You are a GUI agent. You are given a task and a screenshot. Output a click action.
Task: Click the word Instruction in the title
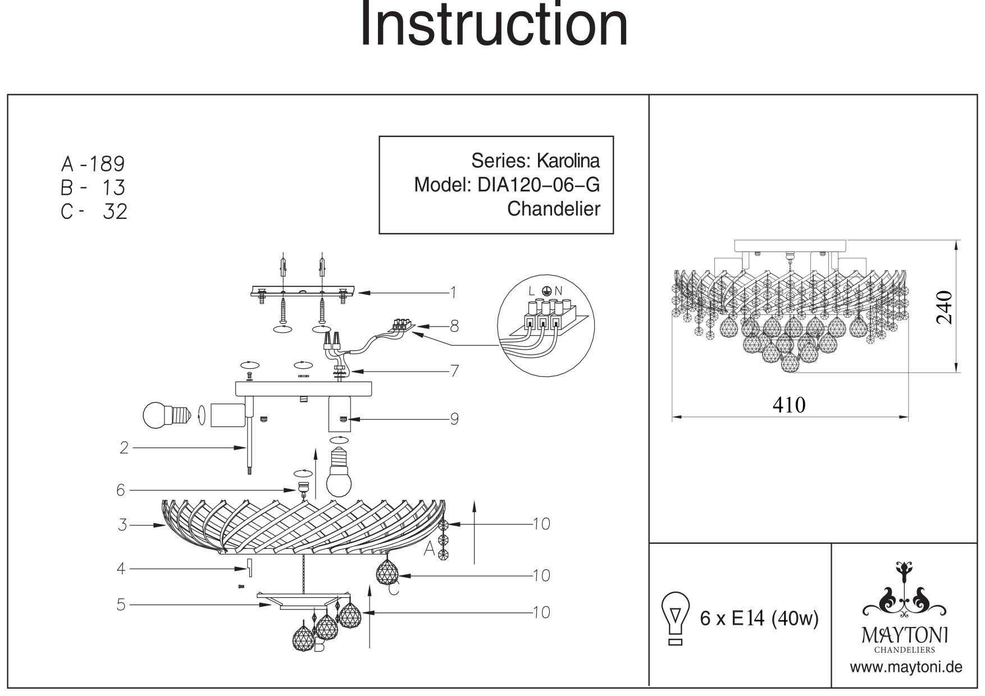tap(493, 25)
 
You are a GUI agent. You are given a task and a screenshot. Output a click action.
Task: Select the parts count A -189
tap(93, 164)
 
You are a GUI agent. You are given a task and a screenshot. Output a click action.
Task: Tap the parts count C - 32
tap(94, 212)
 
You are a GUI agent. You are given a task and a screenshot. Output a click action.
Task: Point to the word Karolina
tap(568, 161)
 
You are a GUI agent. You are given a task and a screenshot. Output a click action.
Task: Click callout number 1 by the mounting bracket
tap(453, 292)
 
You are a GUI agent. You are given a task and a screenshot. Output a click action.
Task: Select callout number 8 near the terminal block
tap(454, 326)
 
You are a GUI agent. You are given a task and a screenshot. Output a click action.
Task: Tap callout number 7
tap(454, 371)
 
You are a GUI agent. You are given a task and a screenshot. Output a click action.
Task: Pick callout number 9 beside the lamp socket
tap(454, 419)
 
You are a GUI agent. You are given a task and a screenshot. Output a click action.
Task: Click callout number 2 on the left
tap(124, 447)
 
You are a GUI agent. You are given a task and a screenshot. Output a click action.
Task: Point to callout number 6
tap(121, 490)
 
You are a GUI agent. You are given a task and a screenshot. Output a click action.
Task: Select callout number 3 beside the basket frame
tap(122, 525)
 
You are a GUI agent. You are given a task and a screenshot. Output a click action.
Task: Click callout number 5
tap(121, 605)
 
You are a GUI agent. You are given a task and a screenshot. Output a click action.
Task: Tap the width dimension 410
tap(789, 405)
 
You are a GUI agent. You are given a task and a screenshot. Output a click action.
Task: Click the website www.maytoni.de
tap(906, 667)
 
